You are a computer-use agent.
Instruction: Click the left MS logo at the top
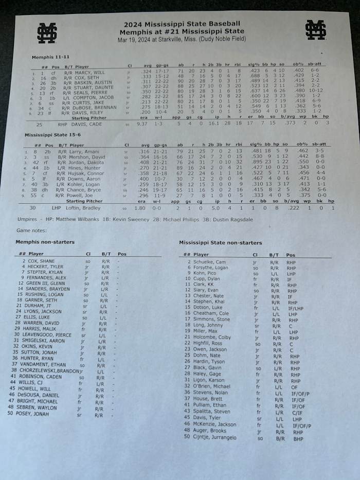[x=46, y=32]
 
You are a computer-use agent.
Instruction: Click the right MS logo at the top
[x=315, y=29]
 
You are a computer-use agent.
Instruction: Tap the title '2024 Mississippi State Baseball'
[x=182, y=24]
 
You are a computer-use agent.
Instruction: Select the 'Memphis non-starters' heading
[x=46, y=242]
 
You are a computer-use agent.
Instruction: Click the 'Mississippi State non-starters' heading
[x=220, y=243]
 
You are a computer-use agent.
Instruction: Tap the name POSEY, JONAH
[x=38, y=414]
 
